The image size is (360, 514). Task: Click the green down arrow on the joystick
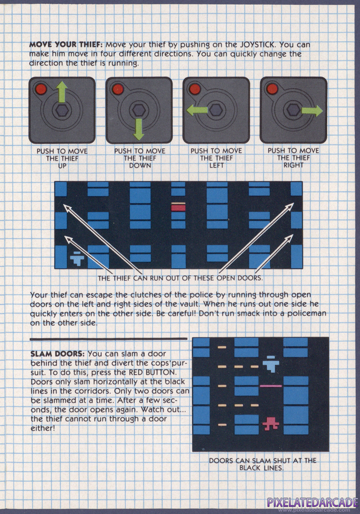click(139, 129)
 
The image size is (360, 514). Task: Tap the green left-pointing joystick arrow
click(197, 110)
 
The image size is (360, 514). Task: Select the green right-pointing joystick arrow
click(312, 111)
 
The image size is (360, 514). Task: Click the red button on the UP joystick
click(41, 89)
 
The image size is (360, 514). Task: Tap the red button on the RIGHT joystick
click(272, 88)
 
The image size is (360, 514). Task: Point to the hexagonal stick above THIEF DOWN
click(139, 110)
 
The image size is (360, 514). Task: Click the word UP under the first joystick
click(62, 166)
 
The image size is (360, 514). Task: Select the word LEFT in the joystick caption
click(216, 165)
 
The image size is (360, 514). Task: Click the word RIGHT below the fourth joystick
click(294, 165)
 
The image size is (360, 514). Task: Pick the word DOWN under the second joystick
click(140, 165)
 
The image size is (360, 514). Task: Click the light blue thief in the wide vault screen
click(77, 258)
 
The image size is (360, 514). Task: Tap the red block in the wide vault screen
click(178, 207)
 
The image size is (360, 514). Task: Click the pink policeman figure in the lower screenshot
click(271, 423)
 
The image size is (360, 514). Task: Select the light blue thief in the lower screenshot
click(271, 364)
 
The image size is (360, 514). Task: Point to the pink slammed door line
click(271, 386)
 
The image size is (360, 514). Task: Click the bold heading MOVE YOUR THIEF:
click(66, 44)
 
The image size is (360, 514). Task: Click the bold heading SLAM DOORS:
click(58, 354)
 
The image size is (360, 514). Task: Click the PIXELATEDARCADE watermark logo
click(312, 502)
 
